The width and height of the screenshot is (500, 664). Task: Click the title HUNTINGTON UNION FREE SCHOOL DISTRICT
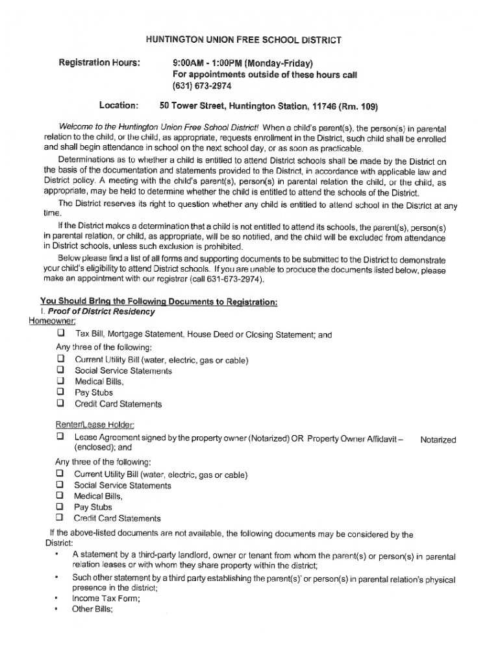(x=243, y=40)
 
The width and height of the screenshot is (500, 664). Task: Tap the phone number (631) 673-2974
(x=202, y=86)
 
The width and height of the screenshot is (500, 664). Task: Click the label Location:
(x=118, y=105)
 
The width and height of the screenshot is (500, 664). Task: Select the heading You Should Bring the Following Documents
(x=159, y=302)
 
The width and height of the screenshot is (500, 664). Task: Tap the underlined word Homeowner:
(x=52, y=322)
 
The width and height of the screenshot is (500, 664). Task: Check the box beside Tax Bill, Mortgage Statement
(x=60, y=334)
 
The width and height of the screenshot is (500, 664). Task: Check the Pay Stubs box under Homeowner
(x=60, y=392)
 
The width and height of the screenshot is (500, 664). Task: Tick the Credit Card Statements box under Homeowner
(x=60, y=403)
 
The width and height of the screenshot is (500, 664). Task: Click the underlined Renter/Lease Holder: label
(x=95, y=425)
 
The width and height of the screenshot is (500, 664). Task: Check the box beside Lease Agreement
(x=60, y=438)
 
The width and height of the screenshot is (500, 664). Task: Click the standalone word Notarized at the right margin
(x=438, y=440)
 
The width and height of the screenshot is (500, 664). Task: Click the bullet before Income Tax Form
(x=57, y=599)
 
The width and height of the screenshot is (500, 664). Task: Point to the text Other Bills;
(x=92, y=610)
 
